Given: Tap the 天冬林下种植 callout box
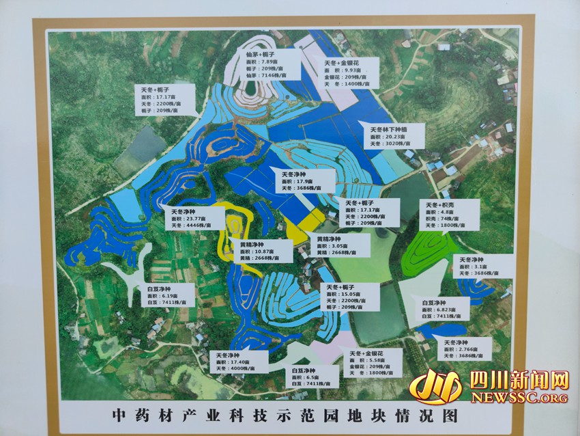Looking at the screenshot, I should point(395,136).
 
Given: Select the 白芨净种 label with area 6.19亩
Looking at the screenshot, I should point(167,295).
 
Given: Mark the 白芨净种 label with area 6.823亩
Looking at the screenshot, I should point(444,310).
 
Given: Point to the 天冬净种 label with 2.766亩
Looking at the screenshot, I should point(466,349).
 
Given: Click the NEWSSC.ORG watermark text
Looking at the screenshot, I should point(519,397).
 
